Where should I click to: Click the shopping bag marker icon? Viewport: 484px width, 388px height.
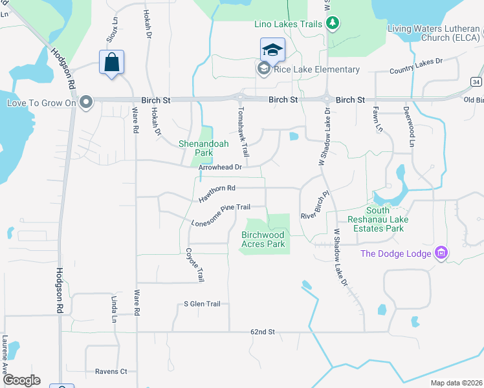111,63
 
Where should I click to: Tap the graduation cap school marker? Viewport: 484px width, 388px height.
272,50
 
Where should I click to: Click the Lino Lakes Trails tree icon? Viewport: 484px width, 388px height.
333,24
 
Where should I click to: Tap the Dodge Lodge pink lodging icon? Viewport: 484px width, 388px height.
442,253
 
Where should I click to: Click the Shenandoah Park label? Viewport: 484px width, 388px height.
203,148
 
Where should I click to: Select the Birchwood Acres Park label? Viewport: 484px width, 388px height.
263,239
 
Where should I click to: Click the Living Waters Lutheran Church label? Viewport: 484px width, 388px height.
434,33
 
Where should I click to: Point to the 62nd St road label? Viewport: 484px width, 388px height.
263,332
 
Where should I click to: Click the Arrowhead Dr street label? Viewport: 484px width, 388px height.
220,167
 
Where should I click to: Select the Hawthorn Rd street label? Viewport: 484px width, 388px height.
216,193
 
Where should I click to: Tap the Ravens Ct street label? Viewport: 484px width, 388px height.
111,372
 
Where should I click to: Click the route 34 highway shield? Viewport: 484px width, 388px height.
476,82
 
